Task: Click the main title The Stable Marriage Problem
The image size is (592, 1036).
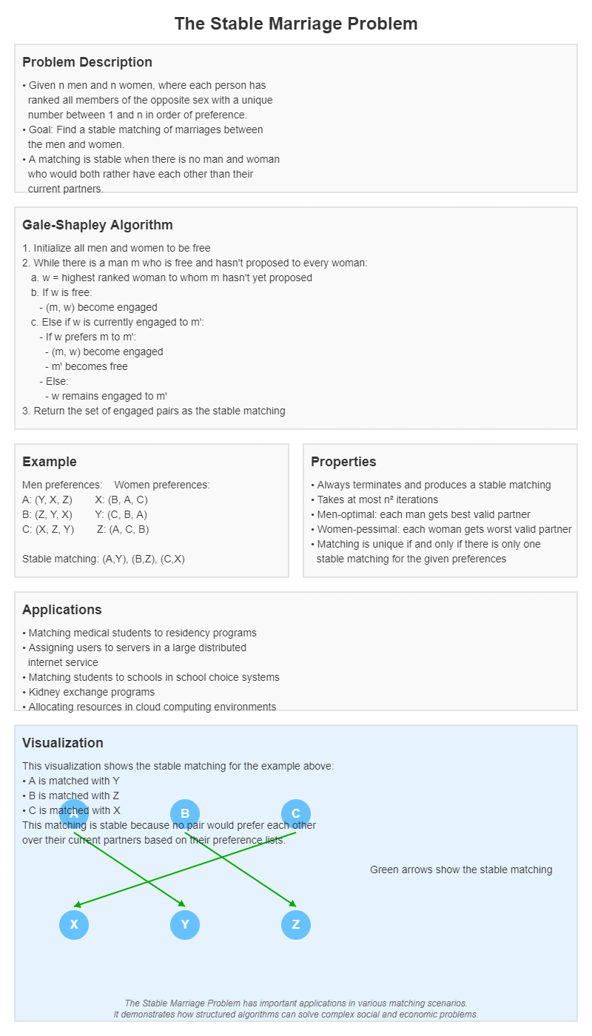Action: coord(296,24)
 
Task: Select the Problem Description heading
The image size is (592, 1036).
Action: coord(87,62)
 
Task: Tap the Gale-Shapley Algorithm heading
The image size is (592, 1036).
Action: coord(98,225)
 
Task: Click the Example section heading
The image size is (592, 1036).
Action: coord(50,462)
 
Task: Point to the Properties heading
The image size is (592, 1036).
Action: coord(343,462)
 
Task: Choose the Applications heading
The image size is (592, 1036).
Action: coord(62,610)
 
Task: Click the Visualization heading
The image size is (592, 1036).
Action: coord(63,743)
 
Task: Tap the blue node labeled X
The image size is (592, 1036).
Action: coord(74,925)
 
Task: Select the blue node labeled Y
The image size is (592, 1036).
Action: coord(185,925)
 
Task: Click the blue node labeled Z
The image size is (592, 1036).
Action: coord(296,925)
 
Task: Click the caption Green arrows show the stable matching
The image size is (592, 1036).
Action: coord(461,869)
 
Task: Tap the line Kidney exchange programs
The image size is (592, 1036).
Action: coord(91,692)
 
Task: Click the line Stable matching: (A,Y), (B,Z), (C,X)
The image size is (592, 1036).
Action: coord(104,559)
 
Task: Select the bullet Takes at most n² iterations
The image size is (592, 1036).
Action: coord(377,499)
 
